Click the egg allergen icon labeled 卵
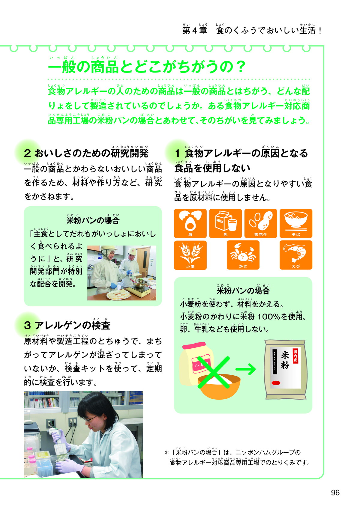[x=190, y=223]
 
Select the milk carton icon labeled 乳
[x=225, y=223]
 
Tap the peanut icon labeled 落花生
[x=261, y=223]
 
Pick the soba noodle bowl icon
[x=296, y=223]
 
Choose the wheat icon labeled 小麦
[x=190, y=255]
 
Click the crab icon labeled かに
[x=243, y=255]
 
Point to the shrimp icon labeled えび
[x=296, y=255]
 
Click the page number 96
[x=335, y=493]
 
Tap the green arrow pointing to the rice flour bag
[x=245, y=369]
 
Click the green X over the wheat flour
[x=213, y=372]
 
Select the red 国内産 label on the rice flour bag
[x=295, y=356]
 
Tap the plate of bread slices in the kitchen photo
[x=119, y=293]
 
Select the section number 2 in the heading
[x=27, y=153]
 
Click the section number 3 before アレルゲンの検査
[x=27, y=326]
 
